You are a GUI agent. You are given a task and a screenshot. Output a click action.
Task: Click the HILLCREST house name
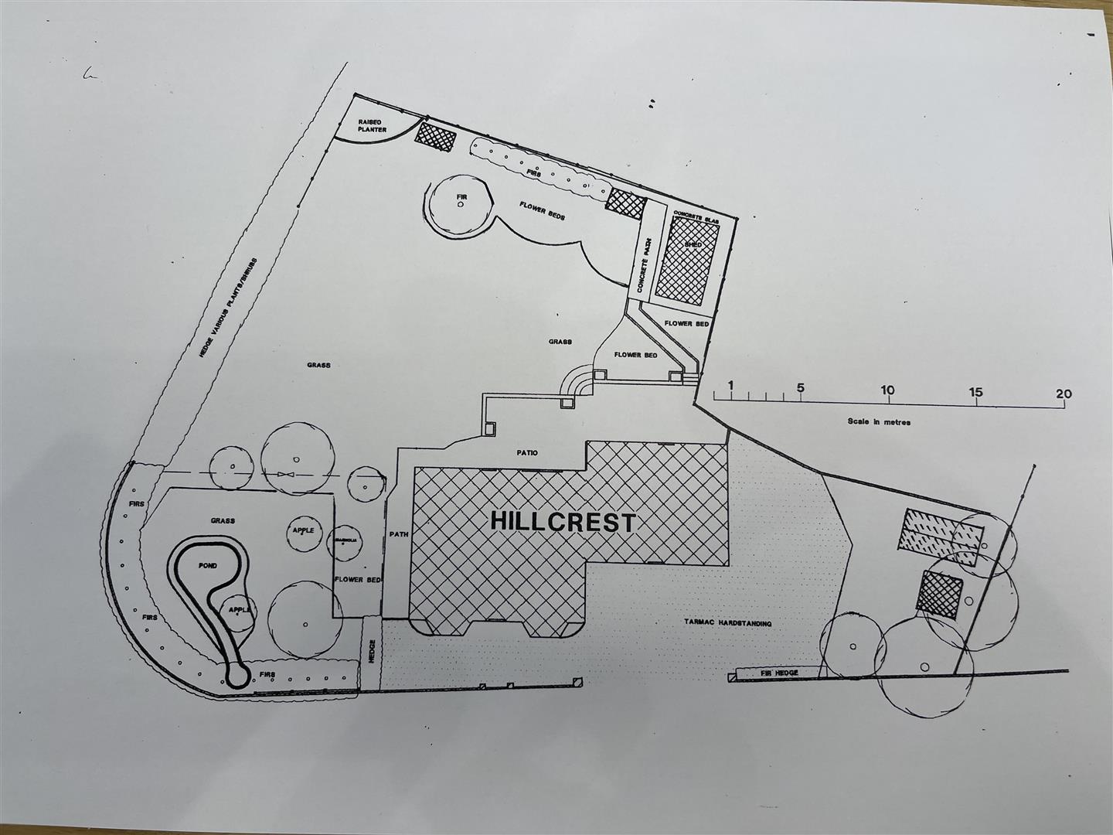563,522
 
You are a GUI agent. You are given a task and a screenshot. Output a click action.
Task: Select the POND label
207,566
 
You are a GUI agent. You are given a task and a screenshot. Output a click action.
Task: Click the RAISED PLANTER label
372,126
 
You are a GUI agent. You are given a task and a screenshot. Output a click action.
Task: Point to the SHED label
692,245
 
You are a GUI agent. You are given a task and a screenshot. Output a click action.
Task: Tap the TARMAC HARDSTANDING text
727,622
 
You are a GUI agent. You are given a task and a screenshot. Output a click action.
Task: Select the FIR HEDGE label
779,673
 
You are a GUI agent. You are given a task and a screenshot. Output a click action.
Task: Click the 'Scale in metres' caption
879,422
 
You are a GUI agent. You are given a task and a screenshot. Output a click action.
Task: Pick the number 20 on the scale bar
1064,394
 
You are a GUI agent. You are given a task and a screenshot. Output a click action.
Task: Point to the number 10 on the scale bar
887,390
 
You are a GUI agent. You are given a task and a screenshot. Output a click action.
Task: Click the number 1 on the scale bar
730,386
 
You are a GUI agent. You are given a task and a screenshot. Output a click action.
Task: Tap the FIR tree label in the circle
461,198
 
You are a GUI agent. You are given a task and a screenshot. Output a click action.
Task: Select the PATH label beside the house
398,533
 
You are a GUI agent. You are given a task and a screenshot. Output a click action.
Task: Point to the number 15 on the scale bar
976,392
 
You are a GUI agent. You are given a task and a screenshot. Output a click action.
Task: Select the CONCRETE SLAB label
696,217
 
